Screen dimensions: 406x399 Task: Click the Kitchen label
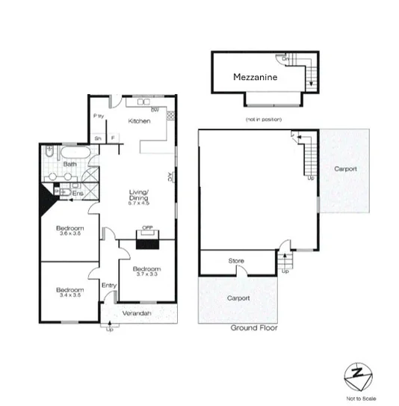coord(140,120)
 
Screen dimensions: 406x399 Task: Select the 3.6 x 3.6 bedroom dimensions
coord(69,233)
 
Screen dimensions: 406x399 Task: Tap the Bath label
coord(70,164)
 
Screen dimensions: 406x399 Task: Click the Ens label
coord(78,192)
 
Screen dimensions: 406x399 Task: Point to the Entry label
coord(109,285)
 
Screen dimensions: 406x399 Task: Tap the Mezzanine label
coord(256,77)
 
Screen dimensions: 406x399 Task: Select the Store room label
coord(236,261)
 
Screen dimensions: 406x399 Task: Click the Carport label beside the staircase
coord(345,169)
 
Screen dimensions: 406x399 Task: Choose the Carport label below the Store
coord(238,298)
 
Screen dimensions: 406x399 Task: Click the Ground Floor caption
coord(254,328)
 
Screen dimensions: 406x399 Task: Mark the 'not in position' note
coord(259,120)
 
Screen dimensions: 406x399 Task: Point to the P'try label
coord(97,116)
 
